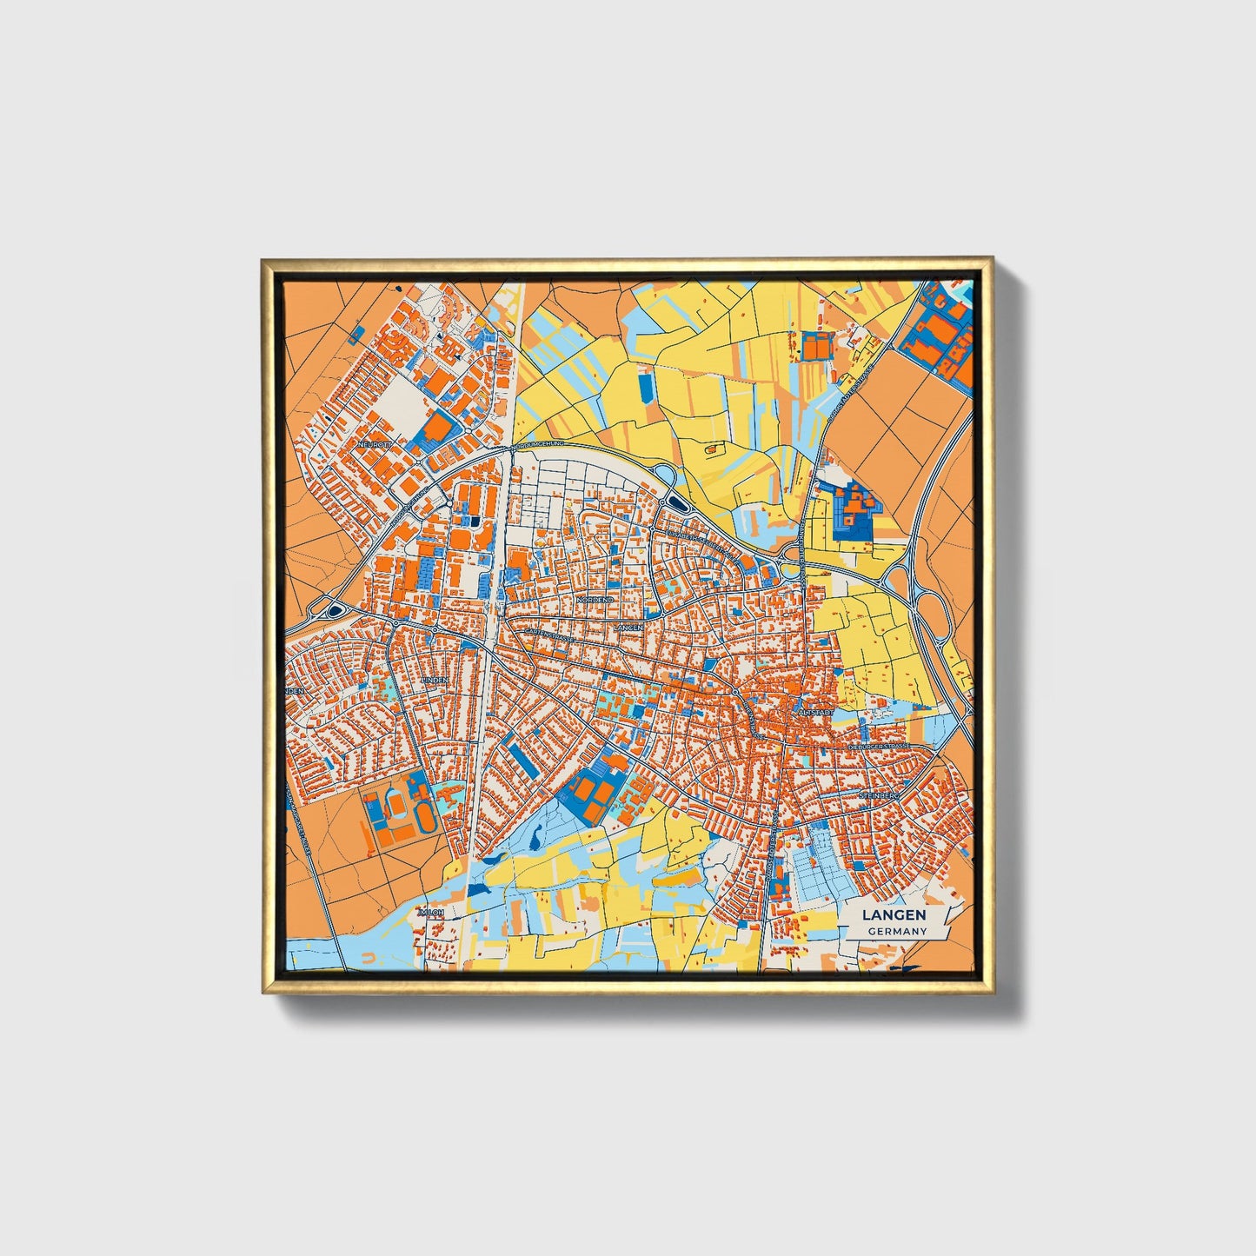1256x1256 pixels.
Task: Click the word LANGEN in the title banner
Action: (x=894, y=914)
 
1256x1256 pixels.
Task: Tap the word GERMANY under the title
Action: (x=896, y=931)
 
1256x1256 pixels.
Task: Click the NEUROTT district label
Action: (x=375, y=443)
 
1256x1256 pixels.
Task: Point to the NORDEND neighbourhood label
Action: (x=595, y=600)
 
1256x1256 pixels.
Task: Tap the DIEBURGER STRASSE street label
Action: (x=879, y=746)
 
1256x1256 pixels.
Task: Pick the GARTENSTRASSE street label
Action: (x=546, y=637)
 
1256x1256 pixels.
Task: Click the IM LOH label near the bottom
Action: (x=431, y=913)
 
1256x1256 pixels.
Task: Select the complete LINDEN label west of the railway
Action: (x=434, y=680)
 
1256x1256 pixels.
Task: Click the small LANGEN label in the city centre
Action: (x=628, y=627)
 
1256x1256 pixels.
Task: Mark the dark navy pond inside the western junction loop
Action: (x=334, y=613)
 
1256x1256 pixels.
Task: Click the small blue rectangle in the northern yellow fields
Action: (x=645, y=388)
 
